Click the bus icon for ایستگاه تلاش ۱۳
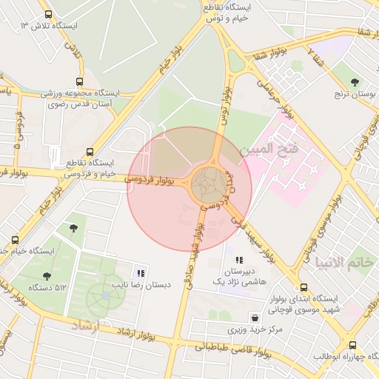tap(49, 14)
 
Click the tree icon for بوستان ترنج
tap(355, 82)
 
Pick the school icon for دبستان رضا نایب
tap(141, 272)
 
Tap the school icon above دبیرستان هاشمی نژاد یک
tap(238, 260)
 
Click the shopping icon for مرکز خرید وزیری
tap(233, 315)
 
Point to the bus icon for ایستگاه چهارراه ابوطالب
tap(352, 344)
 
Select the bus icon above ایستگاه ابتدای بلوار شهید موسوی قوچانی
tap(302, 287)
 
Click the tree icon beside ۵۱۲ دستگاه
tap(47, 276)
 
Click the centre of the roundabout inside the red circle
tap(207, 184)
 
